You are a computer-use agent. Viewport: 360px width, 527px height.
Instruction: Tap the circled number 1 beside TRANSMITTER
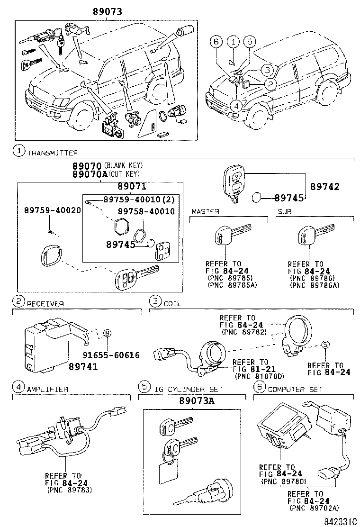18,152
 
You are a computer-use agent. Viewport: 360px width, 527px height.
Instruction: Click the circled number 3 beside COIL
154,301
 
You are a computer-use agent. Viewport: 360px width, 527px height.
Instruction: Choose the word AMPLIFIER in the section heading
48,389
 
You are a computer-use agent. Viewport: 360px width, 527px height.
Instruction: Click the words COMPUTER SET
295,389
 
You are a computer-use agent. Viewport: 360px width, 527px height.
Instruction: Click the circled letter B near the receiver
107,334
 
